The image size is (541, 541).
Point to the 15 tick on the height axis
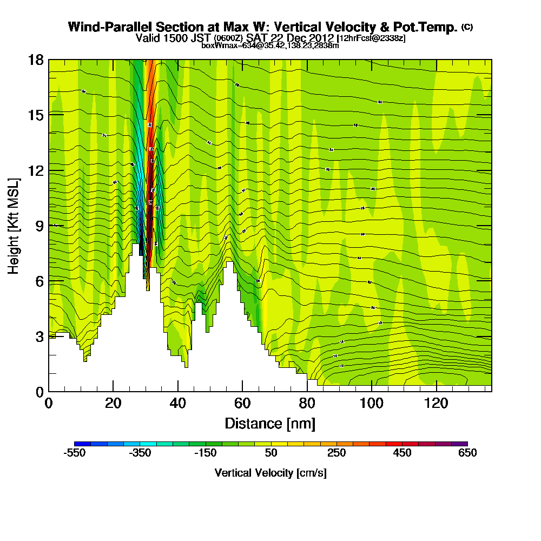coord(49,115)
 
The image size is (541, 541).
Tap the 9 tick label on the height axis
coord(38,226)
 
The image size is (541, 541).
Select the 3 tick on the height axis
coord(49,337)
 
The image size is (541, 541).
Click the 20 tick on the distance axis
coord(113,391)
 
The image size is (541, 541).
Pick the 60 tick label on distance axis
coord(242,404)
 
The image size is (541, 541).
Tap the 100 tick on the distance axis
coord(372,391)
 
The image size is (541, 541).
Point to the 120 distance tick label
coord(436,404)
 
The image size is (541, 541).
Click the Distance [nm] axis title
coord(270,423)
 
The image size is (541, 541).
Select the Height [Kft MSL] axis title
coord(14,226)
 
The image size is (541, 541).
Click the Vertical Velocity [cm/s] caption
coord(270,473)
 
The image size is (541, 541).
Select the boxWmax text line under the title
coord(270,45)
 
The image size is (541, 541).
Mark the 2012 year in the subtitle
coord(321,38)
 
